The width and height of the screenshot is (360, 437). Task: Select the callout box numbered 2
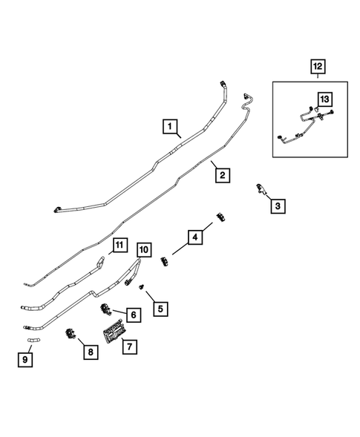tap(221, 175)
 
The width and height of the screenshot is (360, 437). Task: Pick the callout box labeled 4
tap(194, 237)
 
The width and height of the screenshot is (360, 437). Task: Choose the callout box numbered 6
tap(131, 315)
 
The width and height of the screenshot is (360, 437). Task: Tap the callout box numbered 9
tap(26, 361)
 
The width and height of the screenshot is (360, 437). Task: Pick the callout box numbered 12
tap(318, 68)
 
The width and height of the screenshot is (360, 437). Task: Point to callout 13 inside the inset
tap(324, 99)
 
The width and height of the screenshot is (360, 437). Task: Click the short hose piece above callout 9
tap(32, 341)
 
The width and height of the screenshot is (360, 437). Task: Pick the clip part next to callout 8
tap(72, 335)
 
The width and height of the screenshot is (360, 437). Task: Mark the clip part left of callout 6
tap(106, 308)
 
